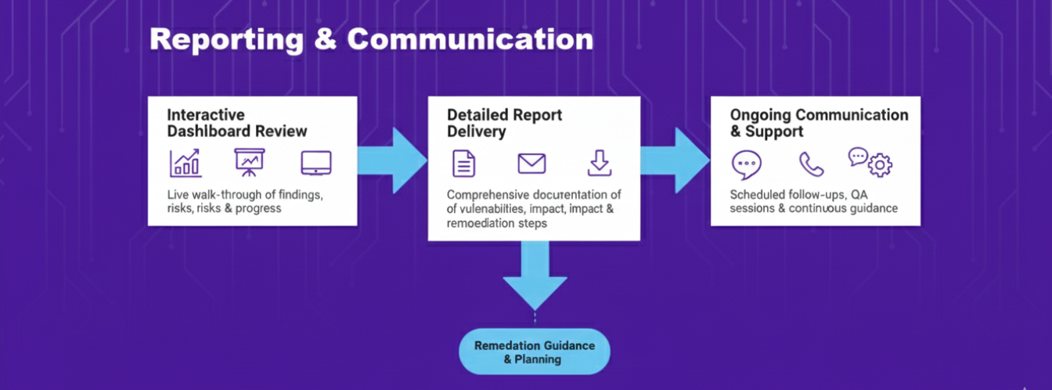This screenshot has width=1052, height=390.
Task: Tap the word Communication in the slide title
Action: pos(470,39)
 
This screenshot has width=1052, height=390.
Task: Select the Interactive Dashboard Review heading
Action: pos(237,123)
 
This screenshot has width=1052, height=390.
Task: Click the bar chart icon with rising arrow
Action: pos(186,162)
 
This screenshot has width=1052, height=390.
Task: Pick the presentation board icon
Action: pos(250,162)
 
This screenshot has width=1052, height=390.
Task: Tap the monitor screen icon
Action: pos(316,163)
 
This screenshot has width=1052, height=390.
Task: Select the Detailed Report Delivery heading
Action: pos(505,123)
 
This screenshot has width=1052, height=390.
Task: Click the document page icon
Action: pos(464,163)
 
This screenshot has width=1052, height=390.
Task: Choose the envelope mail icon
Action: pos(531,163)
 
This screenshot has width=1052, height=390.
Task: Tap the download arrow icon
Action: pos(599,163)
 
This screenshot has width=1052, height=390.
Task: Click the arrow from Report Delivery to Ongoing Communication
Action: pos(675,161)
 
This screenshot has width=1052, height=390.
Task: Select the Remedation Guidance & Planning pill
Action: pos(534,352)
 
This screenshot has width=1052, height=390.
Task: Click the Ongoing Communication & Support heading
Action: pos(819,123)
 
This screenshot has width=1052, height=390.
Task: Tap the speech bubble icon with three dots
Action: pos(746,164)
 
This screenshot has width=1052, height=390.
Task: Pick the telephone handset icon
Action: pos(811,164)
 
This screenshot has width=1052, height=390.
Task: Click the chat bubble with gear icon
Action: pos(870,161)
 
